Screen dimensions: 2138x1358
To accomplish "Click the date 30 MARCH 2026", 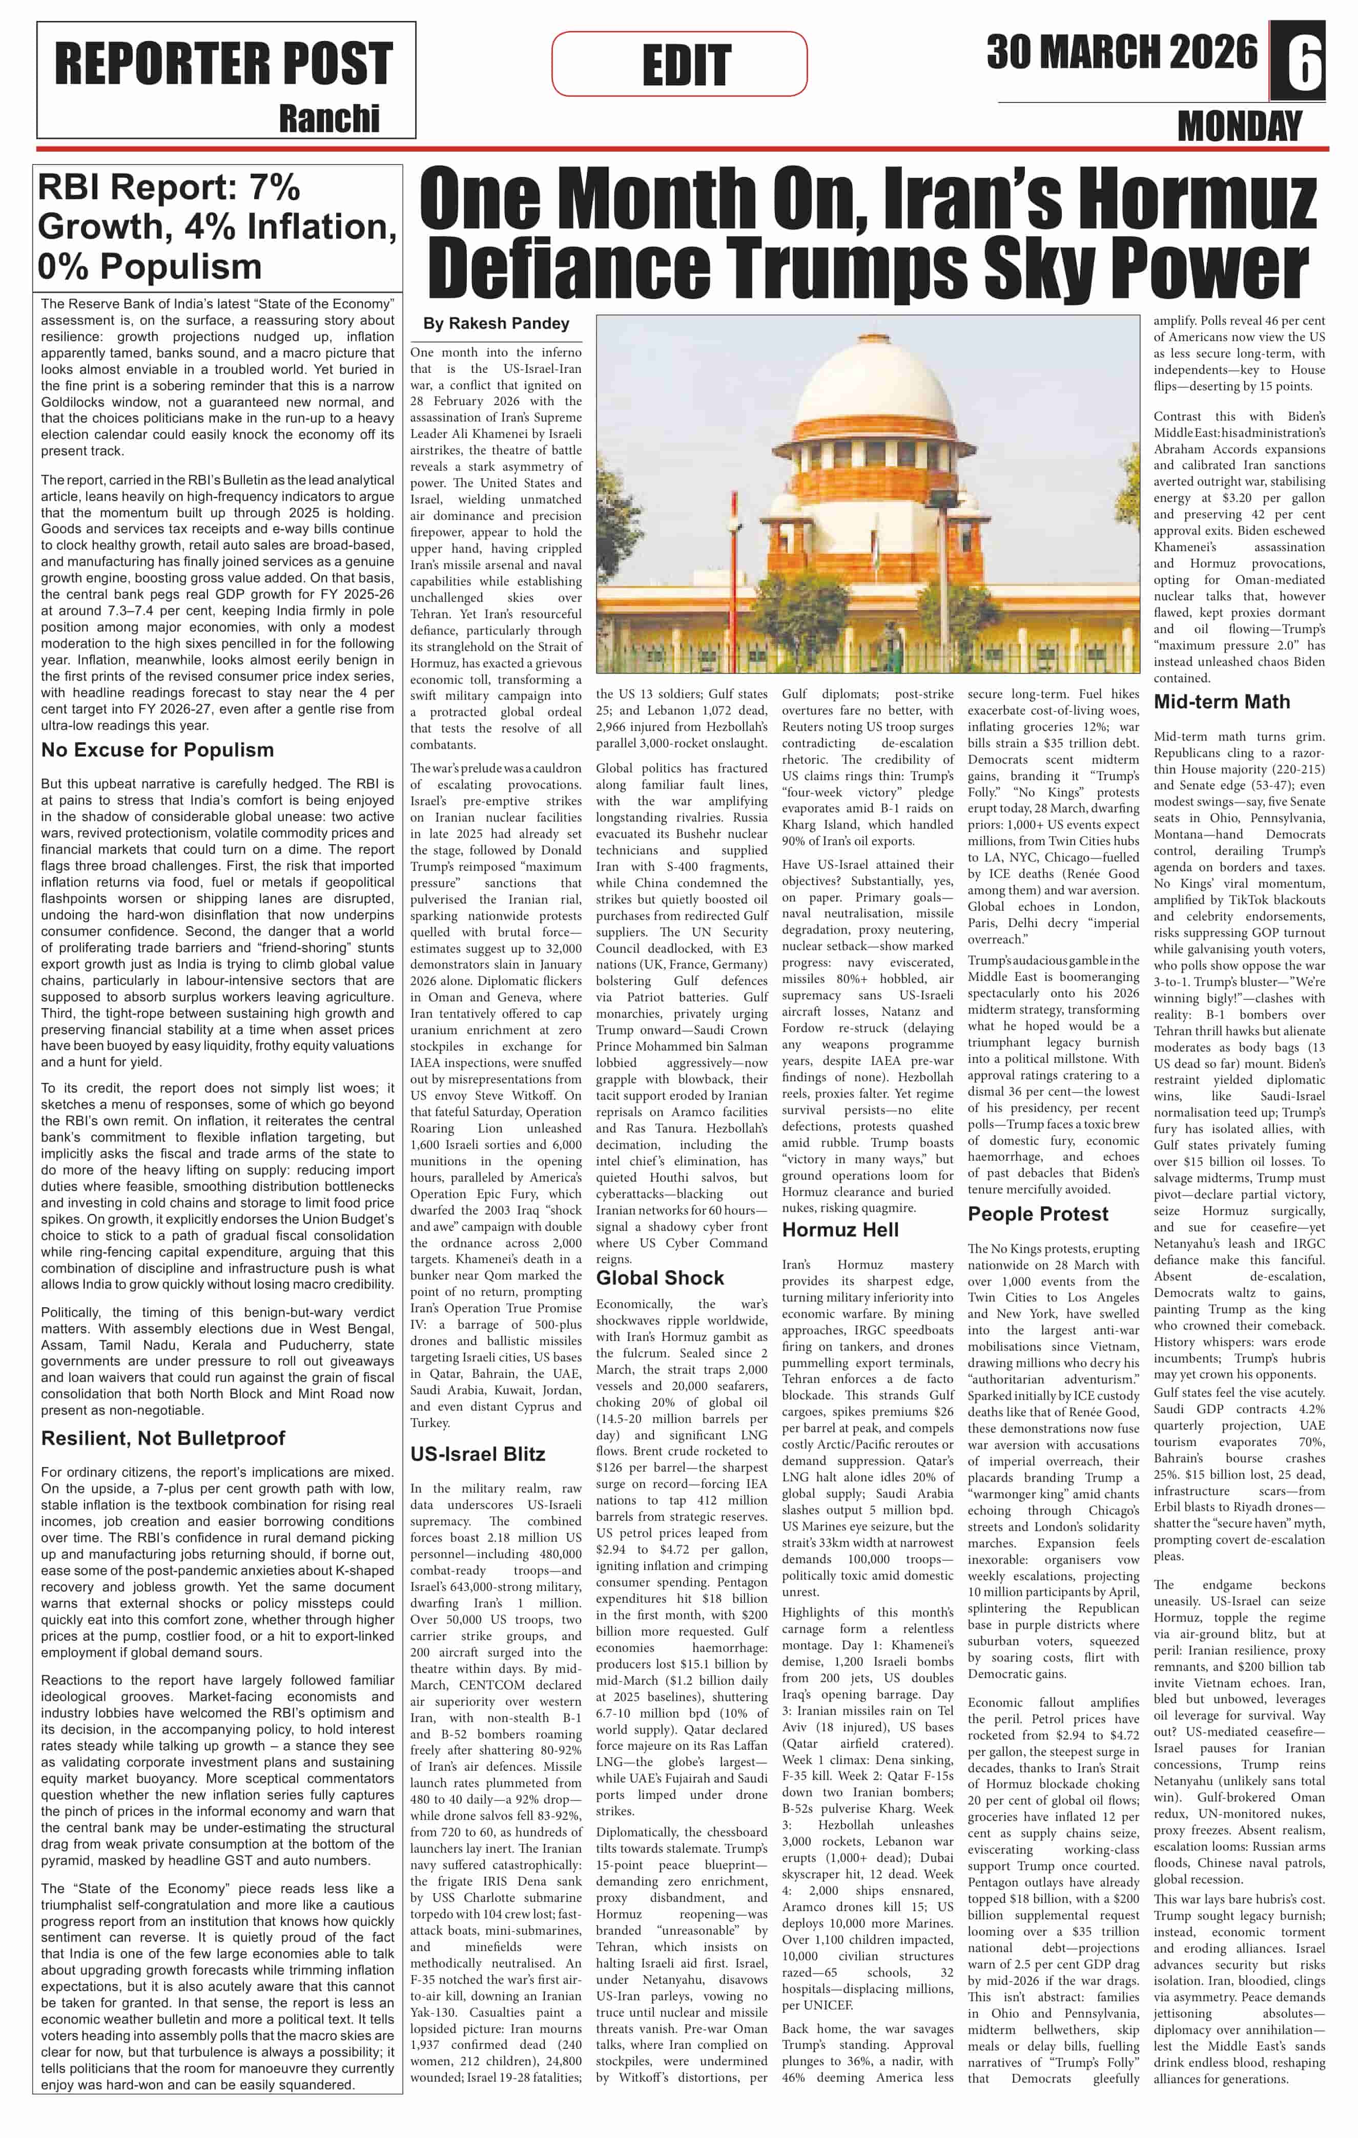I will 1123,53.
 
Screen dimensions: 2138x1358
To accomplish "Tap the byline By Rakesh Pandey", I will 497,324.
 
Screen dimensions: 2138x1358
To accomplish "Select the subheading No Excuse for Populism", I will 157,750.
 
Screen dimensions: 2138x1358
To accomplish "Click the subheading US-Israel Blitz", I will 478,1454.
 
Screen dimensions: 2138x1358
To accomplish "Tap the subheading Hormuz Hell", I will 840,1230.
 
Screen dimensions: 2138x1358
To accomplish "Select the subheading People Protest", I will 1038,1214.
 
